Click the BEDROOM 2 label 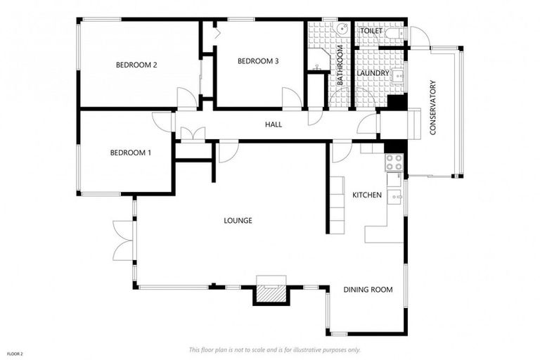(136, 65)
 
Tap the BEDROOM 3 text (258, 61)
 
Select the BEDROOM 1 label (130, 153)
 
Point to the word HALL (274, 124)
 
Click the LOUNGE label (238, 221)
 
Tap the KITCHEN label (367, 195)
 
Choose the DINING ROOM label (368, 290)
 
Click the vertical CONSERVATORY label (434, 108)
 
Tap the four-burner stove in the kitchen (393, 162)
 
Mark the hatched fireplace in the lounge (270, 291)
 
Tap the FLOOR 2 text (15, 353)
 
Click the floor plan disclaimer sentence (274, 349)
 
